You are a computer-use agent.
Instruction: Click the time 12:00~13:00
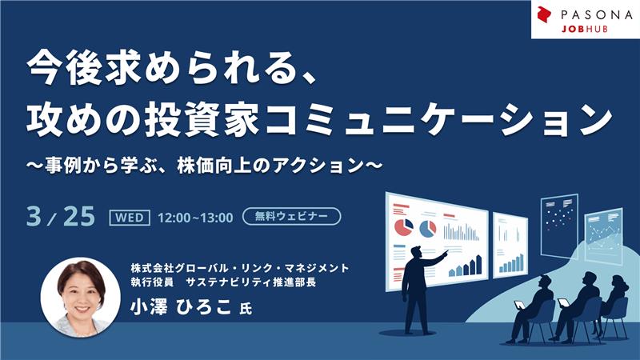click(195, 217)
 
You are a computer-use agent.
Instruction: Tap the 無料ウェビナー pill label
click(291, 216)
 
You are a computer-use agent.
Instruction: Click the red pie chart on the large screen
click(401, 227)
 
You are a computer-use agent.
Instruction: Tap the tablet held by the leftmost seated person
click(518, 305)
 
